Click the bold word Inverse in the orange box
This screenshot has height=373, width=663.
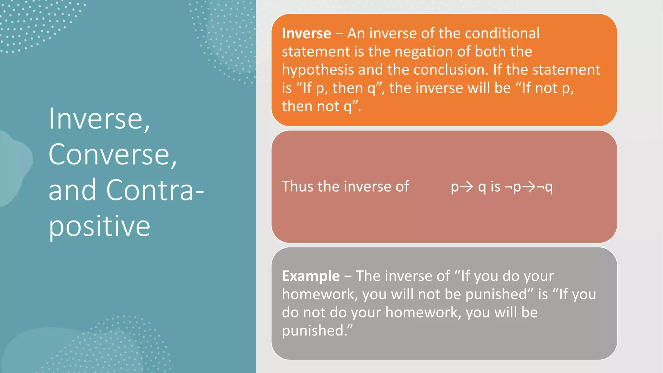(x=306, y=33)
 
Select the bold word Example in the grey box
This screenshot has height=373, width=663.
(x=311, y=276)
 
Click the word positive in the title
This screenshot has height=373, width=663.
(x=99, y=226)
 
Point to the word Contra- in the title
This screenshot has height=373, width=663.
(x=155, y=190)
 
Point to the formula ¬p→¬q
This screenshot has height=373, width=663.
(x=528, y=187)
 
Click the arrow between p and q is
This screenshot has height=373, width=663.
(x=466, y=187)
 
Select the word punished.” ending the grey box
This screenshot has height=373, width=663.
(x=317, y=331)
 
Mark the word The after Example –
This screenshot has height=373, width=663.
(x=368, y=276)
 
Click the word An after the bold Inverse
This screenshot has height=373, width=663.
(x=356, y=33)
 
